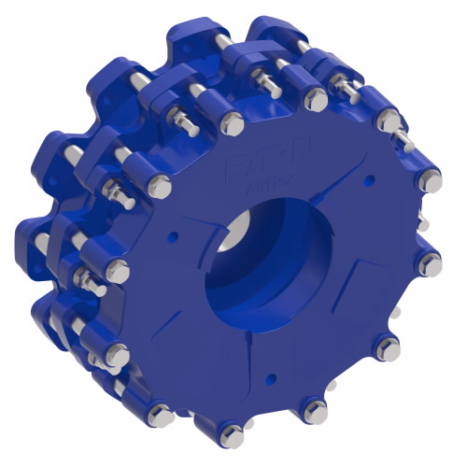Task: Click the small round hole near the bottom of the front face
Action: click(x=270, y=377)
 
